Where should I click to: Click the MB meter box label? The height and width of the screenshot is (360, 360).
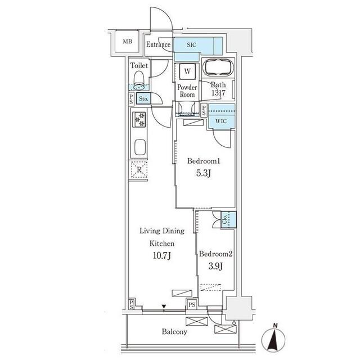click(128, 41)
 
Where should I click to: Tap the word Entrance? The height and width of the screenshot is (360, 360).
click(158, 44)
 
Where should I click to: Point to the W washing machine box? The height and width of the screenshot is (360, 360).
click(187, 72)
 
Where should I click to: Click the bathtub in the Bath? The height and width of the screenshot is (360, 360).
click(219, 68)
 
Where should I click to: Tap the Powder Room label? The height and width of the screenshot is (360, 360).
click(187, 91)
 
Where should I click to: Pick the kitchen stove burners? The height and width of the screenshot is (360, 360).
click(138, 119)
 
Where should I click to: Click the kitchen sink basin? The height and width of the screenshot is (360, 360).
click(138, 150)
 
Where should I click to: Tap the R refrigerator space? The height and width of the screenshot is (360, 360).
click(138, 169)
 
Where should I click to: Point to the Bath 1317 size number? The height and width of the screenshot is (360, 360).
click(218, 93)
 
